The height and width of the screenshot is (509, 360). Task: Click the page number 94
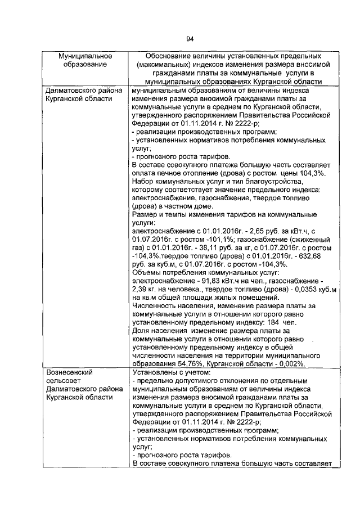[190, 38]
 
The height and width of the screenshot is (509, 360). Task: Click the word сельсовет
[65, 381]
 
